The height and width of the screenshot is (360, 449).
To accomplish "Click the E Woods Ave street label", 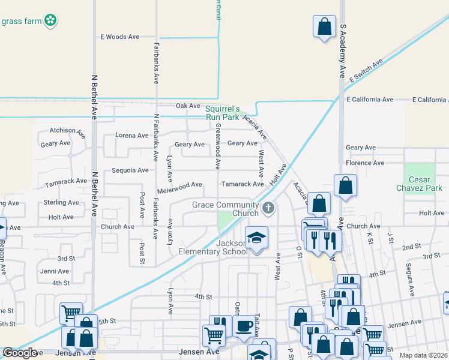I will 119,37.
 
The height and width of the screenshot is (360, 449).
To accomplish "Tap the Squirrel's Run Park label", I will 222,112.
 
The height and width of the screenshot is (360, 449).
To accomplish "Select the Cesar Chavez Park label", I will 419,184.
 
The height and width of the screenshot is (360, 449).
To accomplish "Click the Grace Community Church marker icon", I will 268,208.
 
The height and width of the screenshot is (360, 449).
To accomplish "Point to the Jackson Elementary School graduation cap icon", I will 256,238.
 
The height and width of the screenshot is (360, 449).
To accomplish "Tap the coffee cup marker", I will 243,326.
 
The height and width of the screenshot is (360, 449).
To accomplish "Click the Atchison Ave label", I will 63,130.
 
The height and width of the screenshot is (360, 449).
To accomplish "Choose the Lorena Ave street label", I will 131,136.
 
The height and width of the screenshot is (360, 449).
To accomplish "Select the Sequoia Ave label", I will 130,170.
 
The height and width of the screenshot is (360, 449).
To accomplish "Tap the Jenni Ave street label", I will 55,271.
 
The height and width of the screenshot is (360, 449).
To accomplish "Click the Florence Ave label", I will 364,163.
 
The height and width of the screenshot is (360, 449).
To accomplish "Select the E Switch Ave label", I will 365,71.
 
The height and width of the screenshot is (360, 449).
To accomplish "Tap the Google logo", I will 20,353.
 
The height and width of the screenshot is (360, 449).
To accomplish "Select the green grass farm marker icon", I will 52,21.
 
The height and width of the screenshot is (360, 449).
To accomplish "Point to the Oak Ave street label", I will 188,106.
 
